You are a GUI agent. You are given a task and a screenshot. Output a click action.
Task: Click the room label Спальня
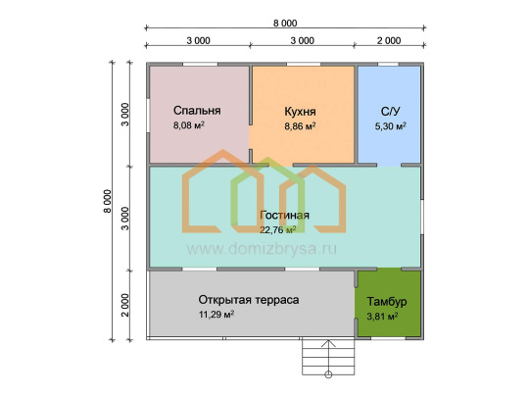tap(197, 111)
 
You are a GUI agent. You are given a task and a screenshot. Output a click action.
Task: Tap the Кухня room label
tap(300, 112)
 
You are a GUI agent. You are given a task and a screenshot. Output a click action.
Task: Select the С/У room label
tap(390, 112)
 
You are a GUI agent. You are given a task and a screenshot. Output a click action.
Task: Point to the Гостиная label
tap(284, 215)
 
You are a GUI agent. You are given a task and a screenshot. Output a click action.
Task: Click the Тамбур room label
tap(387, 301)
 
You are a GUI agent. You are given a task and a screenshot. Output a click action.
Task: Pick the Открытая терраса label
tap(249, 300)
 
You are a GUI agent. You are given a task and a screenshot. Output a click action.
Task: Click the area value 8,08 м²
tap(189, 125)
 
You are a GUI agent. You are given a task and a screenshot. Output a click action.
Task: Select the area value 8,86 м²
tap(300, 126)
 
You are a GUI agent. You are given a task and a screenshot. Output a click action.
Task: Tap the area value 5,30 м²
tap(390, 126)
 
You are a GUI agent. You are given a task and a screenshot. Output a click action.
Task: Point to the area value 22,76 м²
tap(277, 230)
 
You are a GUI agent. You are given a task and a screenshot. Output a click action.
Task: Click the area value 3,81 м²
tap(382, 317)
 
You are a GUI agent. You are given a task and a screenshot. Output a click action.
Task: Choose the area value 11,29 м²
tap(216, 315)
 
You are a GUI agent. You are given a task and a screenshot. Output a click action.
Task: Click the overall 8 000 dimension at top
tap(285, 24)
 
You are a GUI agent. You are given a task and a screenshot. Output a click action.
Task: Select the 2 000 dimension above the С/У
tap(389, 41)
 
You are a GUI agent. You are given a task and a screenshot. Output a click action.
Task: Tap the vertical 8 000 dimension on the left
tap(108, 201)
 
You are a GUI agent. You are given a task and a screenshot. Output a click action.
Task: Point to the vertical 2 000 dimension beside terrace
tap(125, 305)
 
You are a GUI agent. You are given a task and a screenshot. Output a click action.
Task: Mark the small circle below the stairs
tap(328, 374)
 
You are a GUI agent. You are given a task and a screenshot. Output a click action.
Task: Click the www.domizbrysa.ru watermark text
tap(262, 249)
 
